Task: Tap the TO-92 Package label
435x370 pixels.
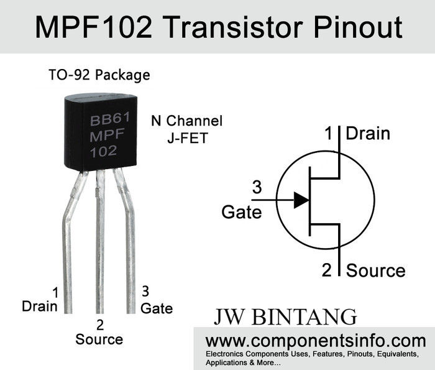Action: click(x=99, y=75)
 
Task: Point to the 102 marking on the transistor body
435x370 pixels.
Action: click(x=103, y=151)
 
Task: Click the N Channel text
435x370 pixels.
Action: click(x=186, y=121)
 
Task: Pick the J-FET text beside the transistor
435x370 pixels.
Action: click(x=187, y=137)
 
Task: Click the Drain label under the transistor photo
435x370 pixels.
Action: click(x=39, y=306)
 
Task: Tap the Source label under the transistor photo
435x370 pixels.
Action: click(x=99, y=340)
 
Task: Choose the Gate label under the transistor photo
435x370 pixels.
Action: click(x=157, y=308)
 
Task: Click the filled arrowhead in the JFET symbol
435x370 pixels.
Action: click(x=301, y=200)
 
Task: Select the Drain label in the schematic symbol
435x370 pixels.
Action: click(x=368, y=133)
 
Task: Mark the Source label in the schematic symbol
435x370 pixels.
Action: click(x=375, y=271)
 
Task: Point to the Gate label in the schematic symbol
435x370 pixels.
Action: click(x=242, y=212)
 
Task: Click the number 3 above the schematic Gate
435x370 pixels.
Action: click(x=256, y=187)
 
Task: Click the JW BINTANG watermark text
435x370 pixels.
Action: click(x=285, y=316)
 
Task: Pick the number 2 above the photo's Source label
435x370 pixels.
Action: click(x=99, y=325)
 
